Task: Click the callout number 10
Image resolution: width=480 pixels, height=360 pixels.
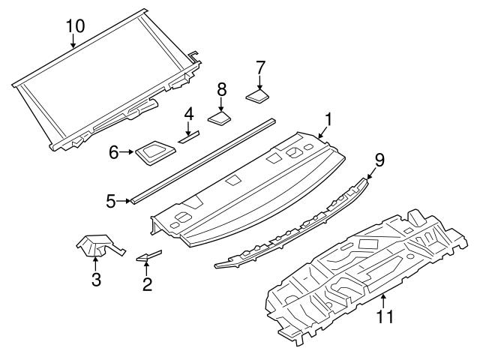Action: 75,25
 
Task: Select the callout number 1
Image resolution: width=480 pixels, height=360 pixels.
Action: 327,119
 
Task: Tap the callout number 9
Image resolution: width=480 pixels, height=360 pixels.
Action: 379,158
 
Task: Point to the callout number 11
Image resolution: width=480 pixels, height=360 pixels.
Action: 384,317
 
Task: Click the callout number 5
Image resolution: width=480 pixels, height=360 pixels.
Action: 111,201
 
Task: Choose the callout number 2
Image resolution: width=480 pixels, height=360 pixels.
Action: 147,283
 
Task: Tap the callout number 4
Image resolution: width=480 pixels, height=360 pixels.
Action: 189,114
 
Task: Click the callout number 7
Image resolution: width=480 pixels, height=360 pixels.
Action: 260,67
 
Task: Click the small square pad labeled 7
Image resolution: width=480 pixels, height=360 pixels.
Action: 258,95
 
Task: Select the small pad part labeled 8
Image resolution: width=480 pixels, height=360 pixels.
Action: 219,116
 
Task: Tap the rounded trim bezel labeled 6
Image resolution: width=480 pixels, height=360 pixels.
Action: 151,152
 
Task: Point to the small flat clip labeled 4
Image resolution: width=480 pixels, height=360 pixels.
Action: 187,136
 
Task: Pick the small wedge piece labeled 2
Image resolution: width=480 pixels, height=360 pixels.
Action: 148,256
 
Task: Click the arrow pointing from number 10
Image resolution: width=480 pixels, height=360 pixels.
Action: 73,40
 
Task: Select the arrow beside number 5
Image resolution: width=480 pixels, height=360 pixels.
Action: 125,201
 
